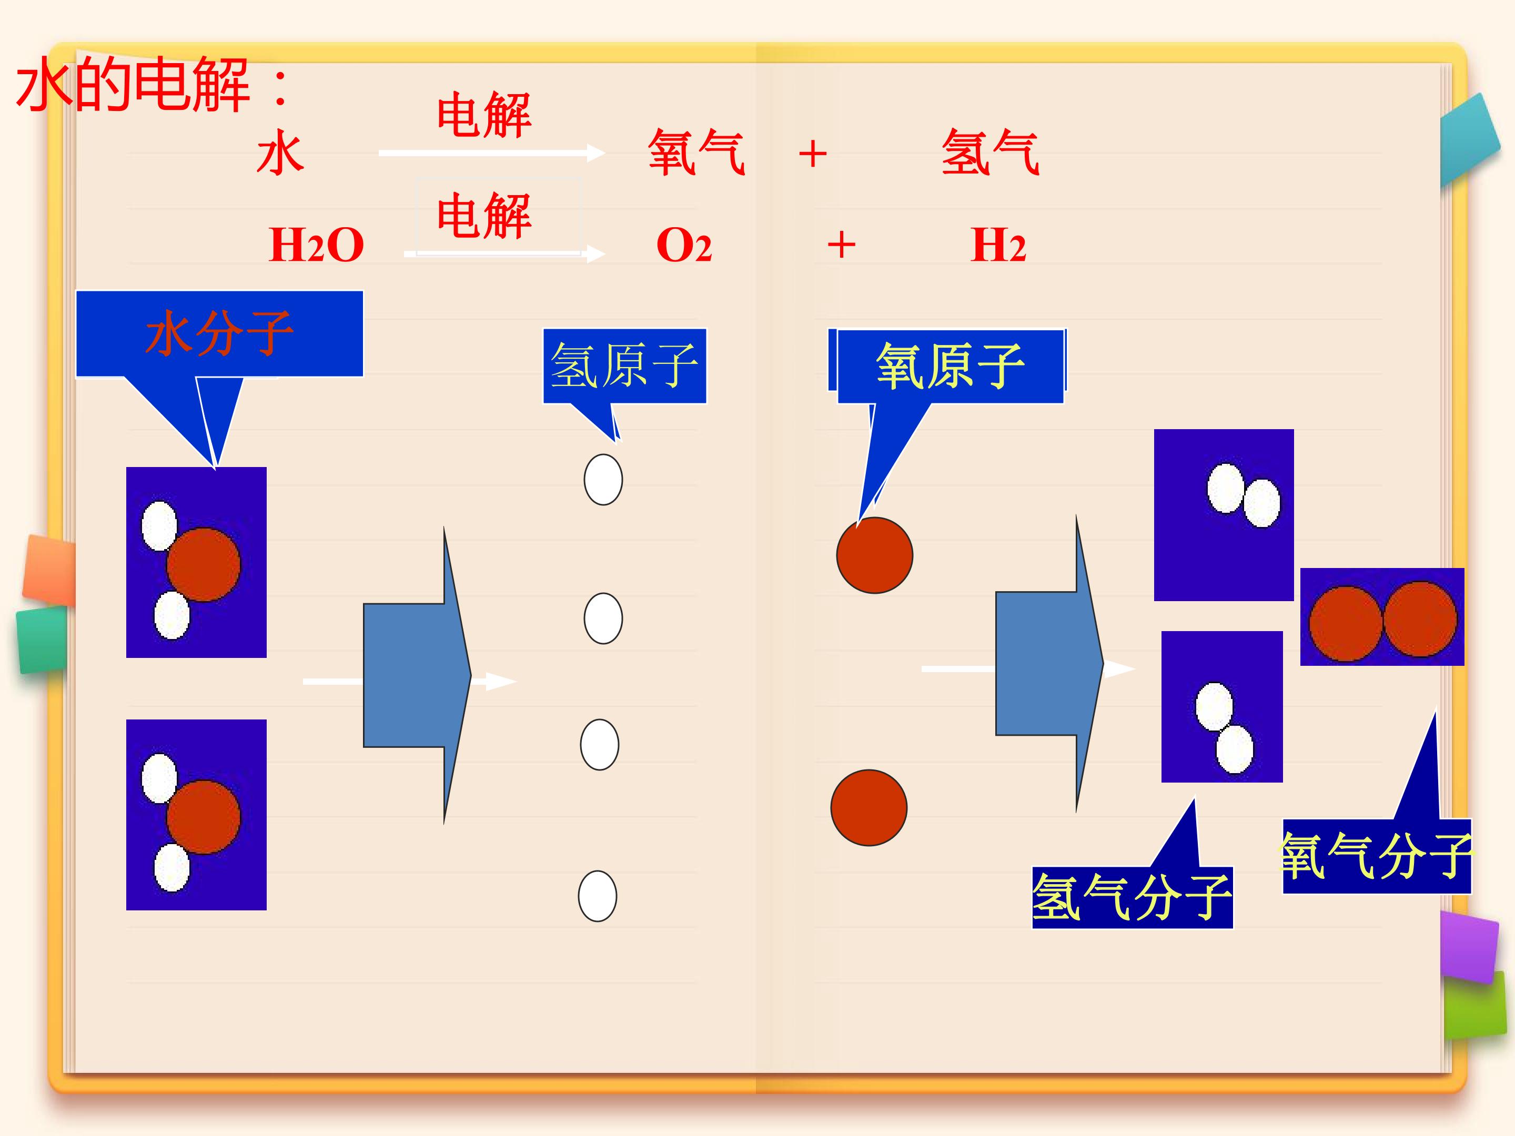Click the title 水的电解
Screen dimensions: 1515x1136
[x=134, y=85]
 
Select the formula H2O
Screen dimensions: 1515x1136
[x=317, y=245]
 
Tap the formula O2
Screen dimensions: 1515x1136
[x=683, y=245]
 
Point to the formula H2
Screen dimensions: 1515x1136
[x=998, y=245]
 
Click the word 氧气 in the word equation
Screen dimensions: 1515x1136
[x=696, y=152]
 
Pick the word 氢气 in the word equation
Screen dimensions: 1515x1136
[x=991, y=152]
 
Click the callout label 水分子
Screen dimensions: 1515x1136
[x=219, y=333]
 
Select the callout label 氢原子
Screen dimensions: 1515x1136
[x=624, y=366]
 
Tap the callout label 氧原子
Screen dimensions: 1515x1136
[x=950, y=367]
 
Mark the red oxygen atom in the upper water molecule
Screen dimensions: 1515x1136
[x=204, y=564]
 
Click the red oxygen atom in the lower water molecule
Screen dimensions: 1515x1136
[x=204, y=816]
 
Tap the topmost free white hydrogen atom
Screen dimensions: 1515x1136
[x=603, y=479]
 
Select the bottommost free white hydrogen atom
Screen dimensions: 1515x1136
[x=597, y=896]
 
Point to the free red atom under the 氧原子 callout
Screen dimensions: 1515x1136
[x=875, y=555]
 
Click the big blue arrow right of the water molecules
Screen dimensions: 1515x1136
[x=417, y=675]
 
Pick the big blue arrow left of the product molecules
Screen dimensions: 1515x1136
[x=1049, y=664]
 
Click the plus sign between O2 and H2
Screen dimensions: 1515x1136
[x=841, y=245]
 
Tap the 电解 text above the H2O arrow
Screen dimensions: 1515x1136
[x=483, y=215]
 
